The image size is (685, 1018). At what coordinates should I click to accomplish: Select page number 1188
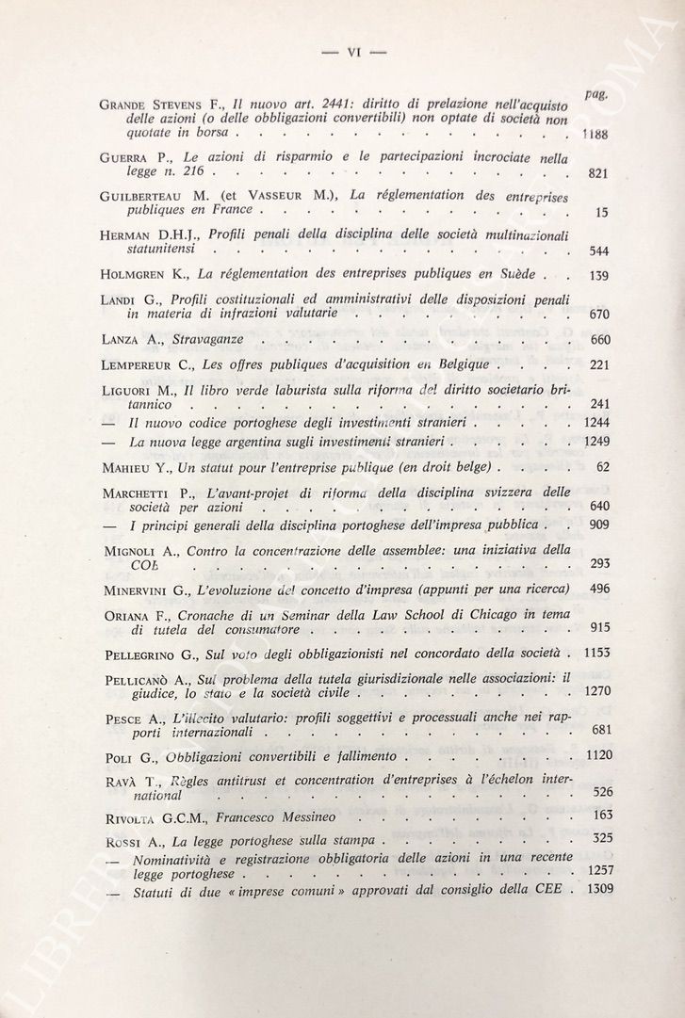pyautogui.click(x=594, y=135)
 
